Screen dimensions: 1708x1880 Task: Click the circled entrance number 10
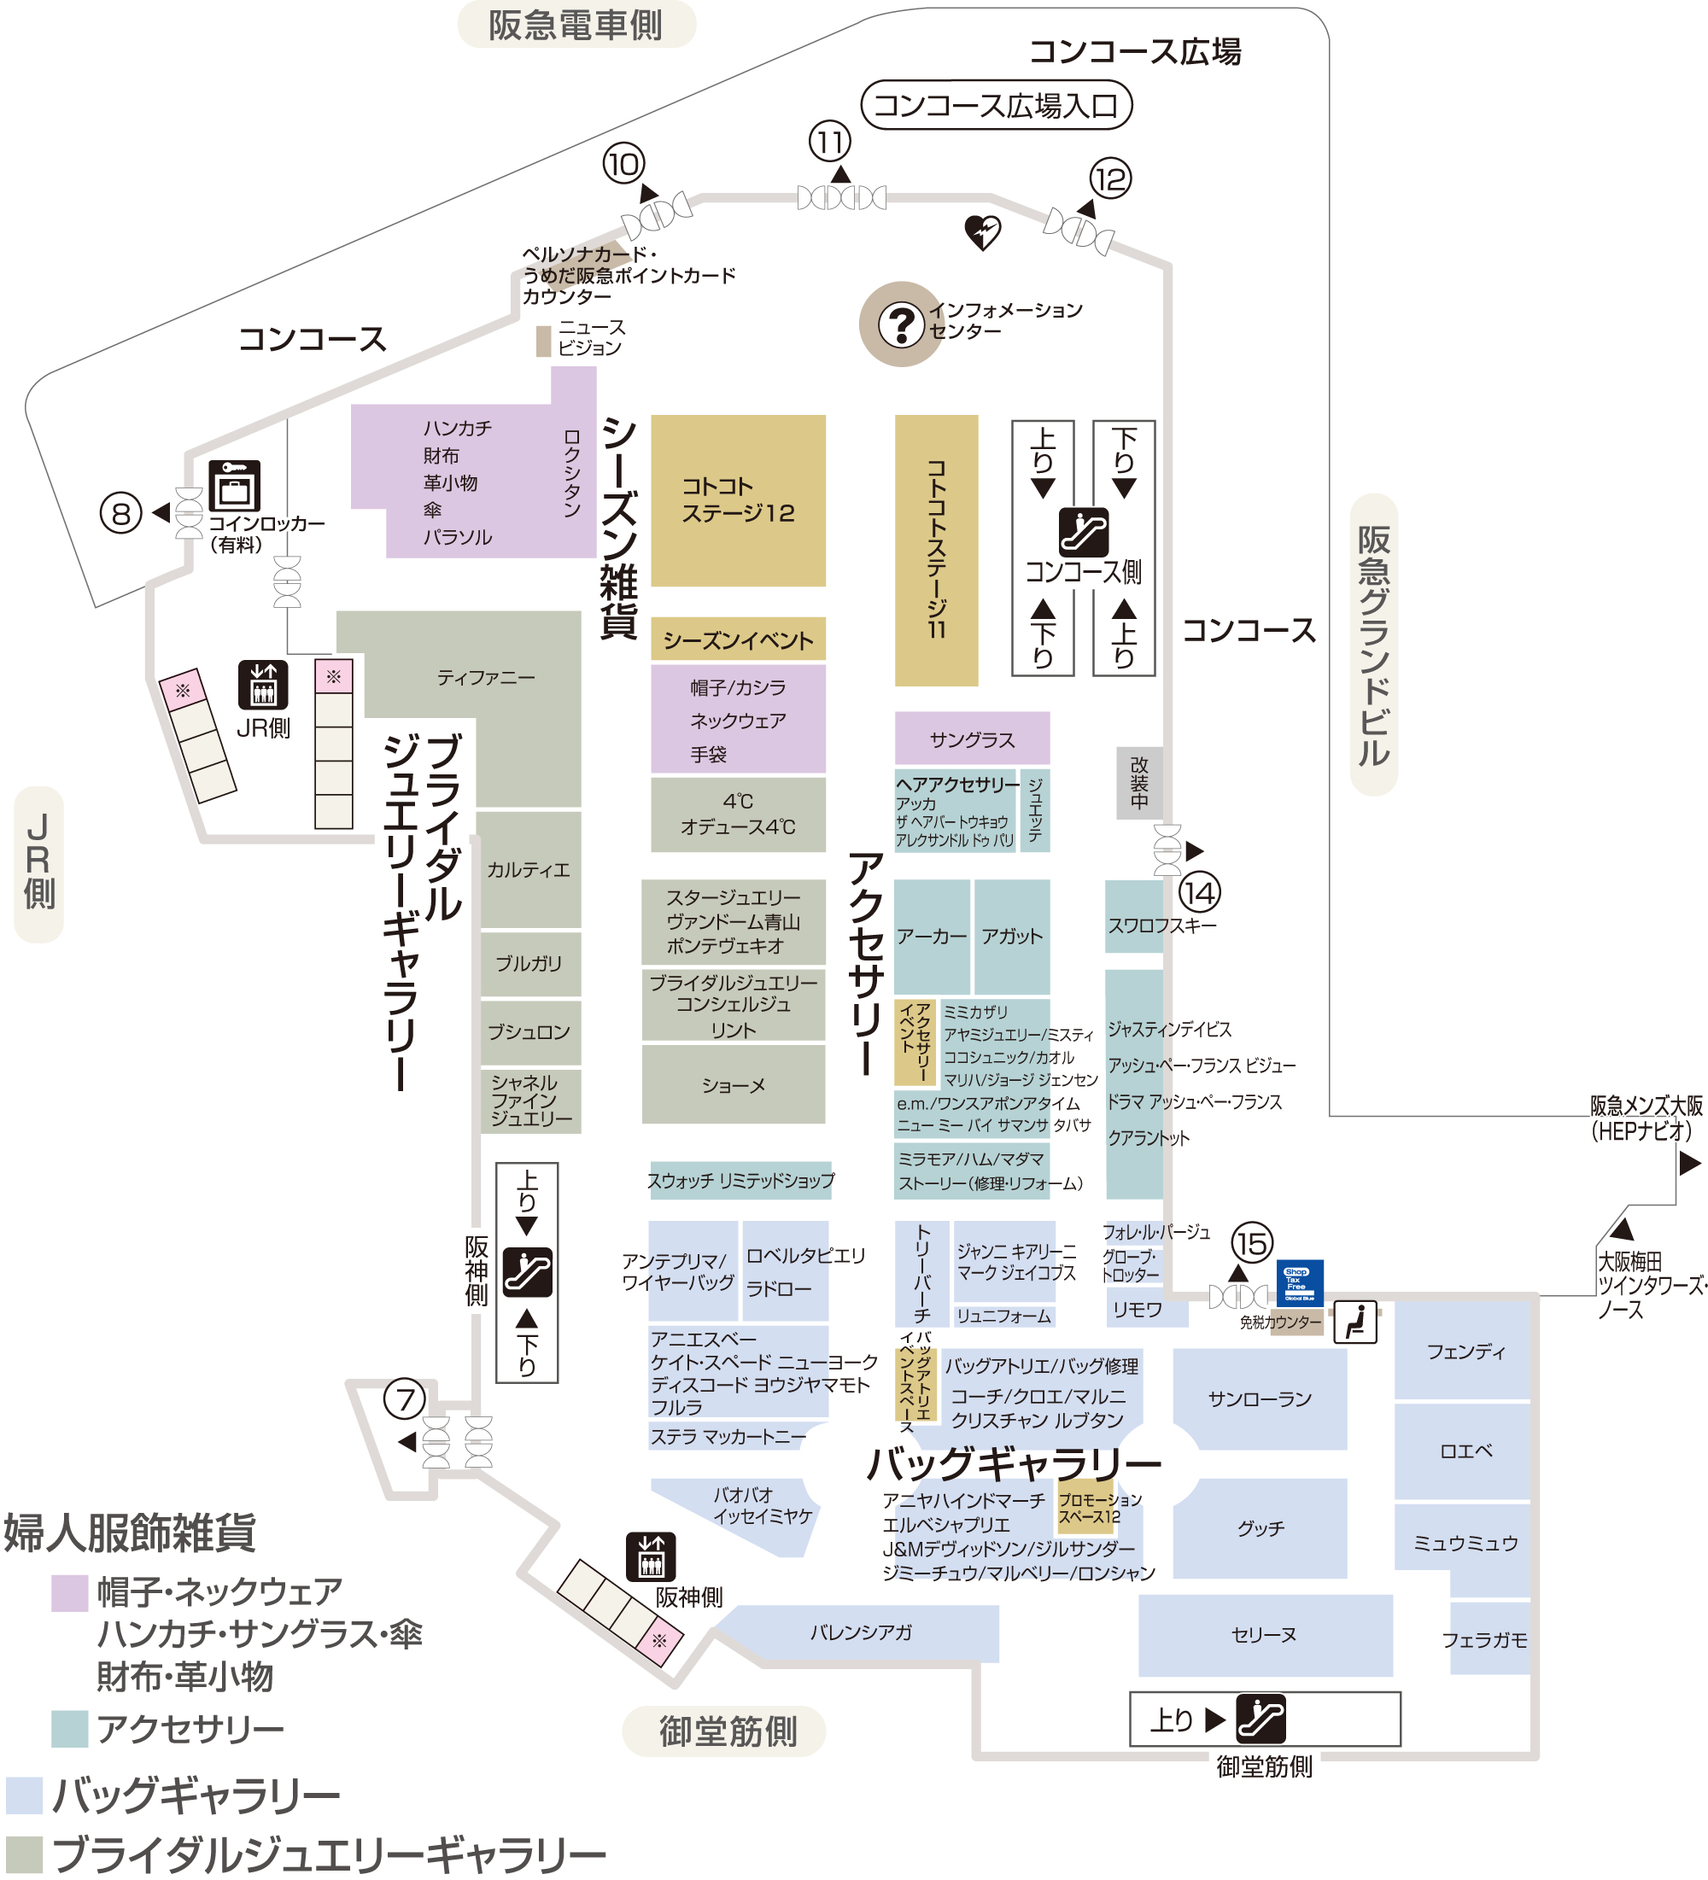[623, 164]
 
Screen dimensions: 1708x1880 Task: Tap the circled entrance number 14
[1199, 892]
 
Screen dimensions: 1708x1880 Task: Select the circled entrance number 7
[405, 1398]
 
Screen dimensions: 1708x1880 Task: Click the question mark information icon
[901, 324]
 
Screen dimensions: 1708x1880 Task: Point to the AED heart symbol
[982, 232]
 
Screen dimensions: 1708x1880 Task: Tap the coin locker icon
[234, 485]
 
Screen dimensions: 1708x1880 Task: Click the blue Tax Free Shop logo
[1300, 1283]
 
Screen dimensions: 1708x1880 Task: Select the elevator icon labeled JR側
[263, 686]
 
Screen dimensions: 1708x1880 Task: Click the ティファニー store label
[486, 677]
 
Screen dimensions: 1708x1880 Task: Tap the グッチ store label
[1261, 1527]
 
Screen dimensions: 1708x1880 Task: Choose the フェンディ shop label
[1465, 1352]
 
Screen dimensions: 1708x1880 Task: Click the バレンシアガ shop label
[860, 1632]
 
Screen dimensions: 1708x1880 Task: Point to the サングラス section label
[972, 739]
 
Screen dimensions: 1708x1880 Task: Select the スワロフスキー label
[1161, 925]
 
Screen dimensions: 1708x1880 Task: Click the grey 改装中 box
[1139, 784]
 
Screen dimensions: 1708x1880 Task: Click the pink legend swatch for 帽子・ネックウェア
[69, 1593]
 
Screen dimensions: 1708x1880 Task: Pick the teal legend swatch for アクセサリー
[69, 1729]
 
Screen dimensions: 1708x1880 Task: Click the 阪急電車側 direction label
[576, 24]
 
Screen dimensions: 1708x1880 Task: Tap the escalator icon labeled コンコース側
[1083, 532]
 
